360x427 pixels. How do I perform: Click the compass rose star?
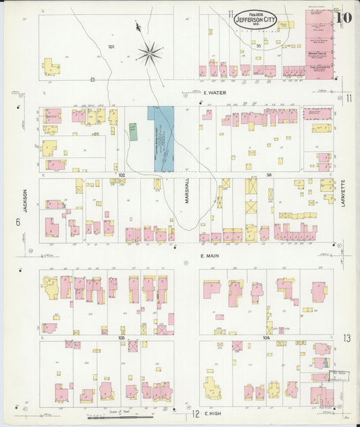click(149, 52)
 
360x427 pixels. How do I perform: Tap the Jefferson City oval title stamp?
click(255, 20)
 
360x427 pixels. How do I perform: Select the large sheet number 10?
click(343, 18)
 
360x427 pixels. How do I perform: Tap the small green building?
click(134, 131)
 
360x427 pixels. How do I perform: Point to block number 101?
click(111, 47)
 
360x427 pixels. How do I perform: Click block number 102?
click(121, 175)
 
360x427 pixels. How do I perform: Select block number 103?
click(122, 336)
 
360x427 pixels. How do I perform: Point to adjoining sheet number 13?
click(346, 337)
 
